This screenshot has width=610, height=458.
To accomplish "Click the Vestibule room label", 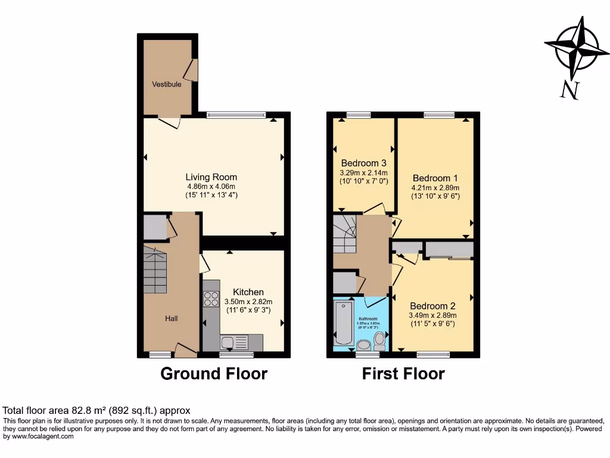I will click(x=166, y=85).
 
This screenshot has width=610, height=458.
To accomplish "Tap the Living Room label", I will click(x=211, y=177).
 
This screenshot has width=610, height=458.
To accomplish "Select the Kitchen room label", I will click(x=248, y=292).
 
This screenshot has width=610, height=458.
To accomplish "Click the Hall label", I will click(x=172, y=319).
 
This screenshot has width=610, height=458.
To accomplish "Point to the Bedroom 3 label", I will click(x=363, y=163).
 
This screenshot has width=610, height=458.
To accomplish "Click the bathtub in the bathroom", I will click(x=344, y=323).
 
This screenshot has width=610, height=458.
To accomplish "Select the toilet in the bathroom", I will click(x=379, y=342).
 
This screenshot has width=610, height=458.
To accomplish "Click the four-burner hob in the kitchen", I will click(x=211, y=299).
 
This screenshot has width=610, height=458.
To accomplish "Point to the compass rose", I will click(x=573, y=49).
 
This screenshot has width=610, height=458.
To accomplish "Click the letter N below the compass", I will click(x=569, y=90).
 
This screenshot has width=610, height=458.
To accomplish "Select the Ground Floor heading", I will click(x=214, y=374).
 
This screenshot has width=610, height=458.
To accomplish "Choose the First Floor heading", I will click(x=403, y=374).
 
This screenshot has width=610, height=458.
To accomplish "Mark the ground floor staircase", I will click(x=155, y=272).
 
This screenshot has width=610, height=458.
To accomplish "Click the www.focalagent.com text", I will click(x=38, y=437).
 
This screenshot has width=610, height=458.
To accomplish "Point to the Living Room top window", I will click(x=236, y=114).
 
